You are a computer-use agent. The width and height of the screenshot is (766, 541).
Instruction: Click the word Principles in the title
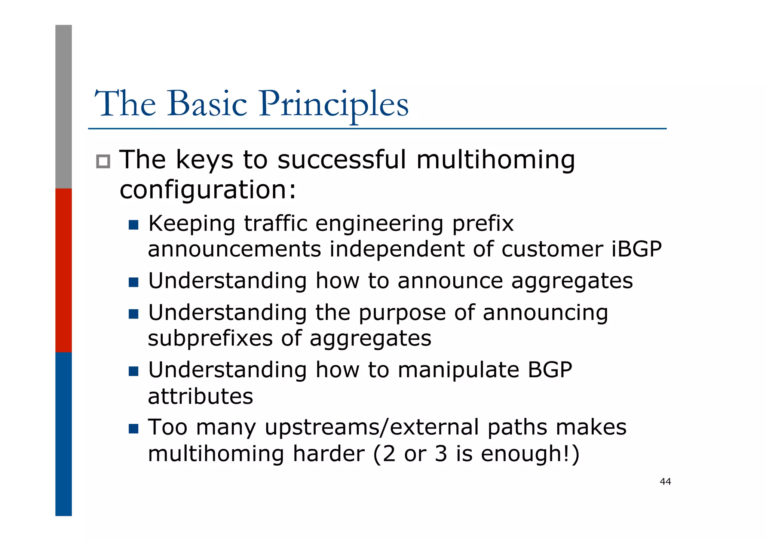point(334,104)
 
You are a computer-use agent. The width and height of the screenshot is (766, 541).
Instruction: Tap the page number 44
point(665,482)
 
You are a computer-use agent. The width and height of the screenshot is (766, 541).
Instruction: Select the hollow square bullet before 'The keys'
point(103,162)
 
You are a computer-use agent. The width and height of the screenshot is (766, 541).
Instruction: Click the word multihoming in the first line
point(496,160)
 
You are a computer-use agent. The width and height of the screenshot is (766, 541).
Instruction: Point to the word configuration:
point(208,190)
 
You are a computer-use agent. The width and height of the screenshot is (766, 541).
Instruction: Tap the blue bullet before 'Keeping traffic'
point(133,225)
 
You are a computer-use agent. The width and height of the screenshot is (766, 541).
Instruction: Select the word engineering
point(379,224)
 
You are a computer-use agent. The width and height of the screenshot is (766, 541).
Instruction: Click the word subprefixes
point(210,338)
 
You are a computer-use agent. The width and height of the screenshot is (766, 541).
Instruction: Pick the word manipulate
point(458,370)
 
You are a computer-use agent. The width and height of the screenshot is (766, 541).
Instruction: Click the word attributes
point(200,396)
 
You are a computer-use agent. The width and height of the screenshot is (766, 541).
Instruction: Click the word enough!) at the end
point(530,454)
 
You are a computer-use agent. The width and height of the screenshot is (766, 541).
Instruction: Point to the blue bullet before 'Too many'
point(133,428)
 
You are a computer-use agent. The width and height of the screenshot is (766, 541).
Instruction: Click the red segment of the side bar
point(64,270)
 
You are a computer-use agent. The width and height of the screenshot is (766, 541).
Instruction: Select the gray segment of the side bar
point(64,107)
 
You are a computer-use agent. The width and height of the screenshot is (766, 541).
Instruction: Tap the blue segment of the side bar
point(64,434)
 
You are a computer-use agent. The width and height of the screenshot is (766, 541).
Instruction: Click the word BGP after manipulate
point(549,370)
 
